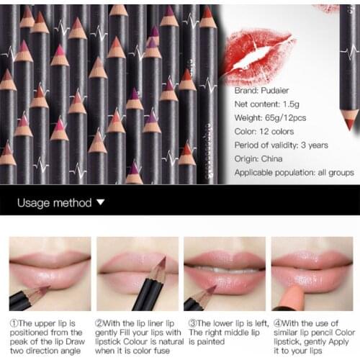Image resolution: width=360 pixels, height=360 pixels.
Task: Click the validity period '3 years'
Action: click(x=315, y=145)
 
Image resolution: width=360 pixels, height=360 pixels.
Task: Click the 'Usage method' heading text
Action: click(x=55, y=203)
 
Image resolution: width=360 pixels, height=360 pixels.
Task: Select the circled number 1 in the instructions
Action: click(x=14, y=324)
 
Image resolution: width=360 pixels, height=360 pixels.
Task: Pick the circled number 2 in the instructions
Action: click(x=101, y=324)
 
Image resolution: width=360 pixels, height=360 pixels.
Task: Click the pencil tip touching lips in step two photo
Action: click(x=160, y=267)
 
